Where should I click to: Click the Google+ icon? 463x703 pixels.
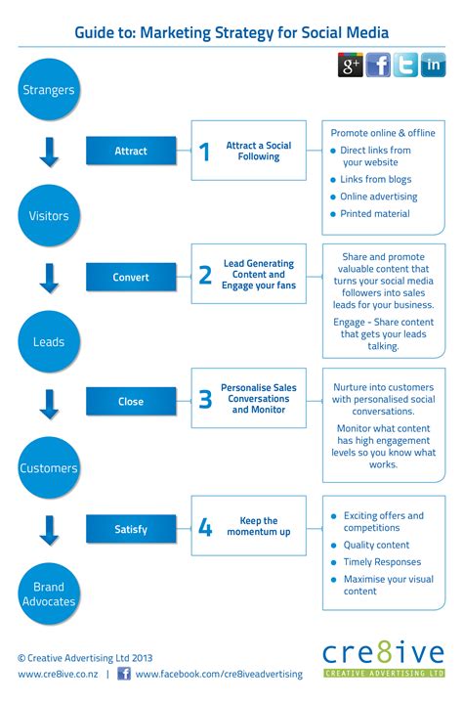point(351,66)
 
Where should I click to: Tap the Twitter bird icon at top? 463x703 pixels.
point(405,66)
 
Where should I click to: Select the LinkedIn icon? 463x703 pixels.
point(433,66)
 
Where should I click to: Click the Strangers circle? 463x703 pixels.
point(48,91)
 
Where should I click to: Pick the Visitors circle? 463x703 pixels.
point(48,215)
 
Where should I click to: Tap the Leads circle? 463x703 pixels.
point(48,341)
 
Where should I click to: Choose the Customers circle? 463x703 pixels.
point(48,467)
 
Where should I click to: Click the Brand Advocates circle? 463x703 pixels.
point(48,594)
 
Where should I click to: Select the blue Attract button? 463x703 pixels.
point(131,152)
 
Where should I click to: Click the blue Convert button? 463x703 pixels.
point(131,277)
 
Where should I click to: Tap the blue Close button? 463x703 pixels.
point(131,401)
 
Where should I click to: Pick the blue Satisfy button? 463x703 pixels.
point(131,529)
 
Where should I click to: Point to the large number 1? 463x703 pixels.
point(204,152)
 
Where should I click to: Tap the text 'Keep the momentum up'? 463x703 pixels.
point(259,527)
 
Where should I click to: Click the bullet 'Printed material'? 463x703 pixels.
point(375,213)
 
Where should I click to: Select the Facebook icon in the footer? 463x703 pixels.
point(124,674)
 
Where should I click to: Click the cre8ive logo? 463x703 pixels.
point(383,657)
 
